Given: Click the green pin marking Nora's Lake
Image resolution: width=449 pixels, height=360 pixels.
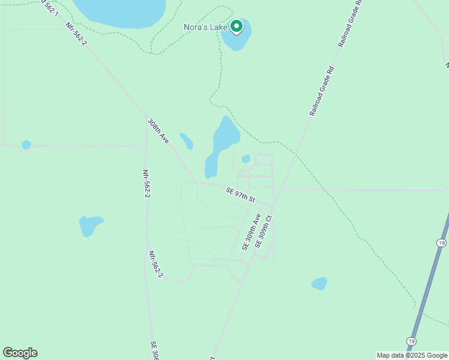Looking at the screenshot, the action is (237, 26).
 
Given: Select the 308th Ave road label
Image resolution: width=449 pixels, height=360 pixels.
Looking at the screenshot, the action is (158, 131).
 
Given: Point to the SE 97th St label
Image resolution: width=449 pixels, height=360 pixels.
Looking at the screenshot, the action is (241, 195).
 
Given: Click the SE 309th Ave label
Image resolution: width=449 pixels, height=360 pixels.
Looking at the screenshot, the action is (252, 232).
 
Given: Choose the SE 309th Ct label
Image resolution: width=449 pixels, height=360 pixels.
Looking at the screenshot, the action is (264, 232).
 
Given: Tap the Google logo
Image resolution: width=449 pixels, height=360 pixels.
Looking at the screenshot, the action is (20, 353).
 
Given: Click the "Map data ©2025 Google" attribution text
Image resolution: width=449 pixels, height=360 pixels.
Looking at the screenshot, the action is (412, 355).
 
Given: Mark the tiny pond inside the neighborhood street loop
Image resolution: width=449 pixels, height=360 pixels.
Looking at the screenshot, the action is (246, 159).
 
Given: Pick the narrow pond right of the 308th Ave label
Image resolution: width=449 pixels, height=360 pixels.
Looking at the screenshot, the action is (187, 140).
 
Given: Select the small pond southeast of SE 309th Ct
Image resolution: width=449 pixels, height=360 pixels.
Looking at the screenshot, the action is (319, 283).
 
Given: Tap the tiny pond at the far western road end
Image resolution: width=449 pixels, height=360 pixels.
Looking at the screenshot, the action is (26, 145).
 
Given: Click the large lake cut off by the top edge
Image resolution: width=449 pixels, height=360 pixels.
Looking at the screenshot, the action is (120, 12).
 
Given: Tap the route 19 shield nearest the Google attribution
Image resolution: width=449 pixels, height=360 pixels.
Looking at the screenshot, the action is (411, 341).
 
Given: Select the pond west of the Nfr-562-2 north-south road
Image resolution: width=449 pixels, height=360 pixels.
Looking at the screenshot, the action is (91, 226).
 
